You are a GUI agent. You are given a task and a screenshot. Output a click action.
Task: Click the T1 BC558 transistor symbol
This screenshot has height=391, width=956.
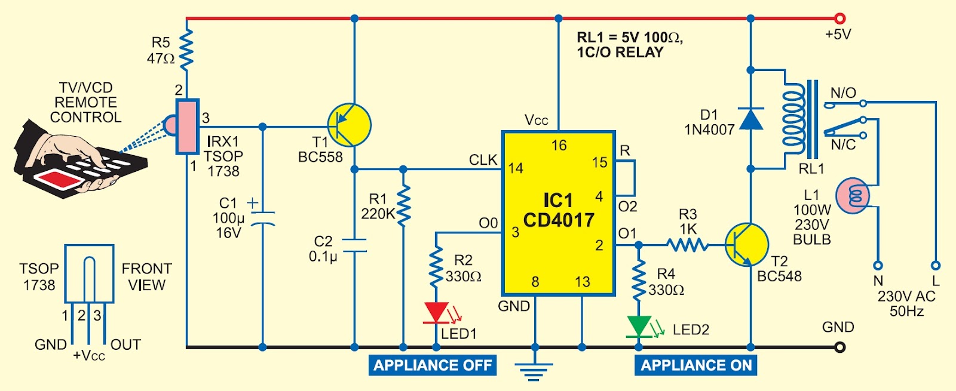pos(350,125)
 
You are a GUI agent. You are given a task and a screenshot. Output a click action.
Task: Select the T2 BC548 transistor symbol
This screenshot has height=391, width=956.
pos(747,245)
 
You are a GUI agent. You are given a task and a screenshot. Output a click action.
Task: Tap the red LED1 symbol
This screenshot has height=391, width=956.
pos(436,312)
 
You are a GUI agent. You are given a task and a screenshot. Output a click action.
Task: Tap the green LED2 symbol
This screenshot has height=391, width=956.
pos(639,326)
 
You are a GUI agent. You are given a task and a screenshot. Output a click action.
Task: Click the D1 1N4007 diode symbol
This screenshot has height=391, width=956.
pos(751,119)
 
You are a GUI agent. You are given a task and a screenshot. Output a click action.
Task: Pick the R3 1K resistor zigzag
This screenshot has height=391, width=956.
pos(687,245)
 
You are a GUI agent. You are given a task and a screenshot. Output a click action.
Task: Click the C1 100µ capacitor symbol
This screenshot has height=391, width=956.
pos(262,218)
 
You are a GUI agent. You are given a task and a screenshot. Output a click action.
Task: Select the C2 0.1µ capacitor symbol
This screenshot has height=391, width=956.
pos(354,245)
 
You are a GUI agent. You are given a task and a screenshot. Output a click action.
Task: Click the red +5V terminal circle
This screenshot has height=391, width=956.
pos(839,19)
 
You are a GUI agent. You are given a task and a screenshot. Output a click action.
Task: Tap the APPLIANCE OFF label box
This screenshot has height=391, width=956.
pos(433,365)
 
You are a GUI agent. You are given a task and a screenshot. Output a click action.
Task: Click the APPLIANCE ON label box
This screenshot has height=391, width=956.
pos(696,365)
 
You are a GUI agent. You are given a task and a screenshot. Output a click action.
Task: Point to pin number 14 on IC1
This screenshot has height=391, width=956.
pos(516,168)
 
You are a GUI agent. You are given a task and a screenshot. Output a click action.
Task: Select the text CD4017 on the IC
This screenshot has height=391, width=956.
pos(559,220)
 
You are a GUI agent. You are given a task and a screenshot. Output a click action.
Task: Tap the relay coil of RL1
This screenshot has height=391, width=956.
pos(793,119)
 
